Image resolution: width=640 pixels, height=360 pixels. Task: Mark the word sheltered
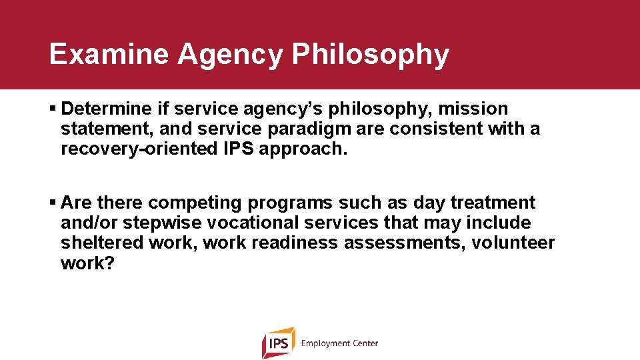102,243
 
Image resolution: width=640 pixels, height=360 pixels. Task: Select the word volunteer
513,243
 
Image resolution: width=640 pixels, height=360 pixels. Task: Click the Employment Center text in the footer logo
339,343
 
